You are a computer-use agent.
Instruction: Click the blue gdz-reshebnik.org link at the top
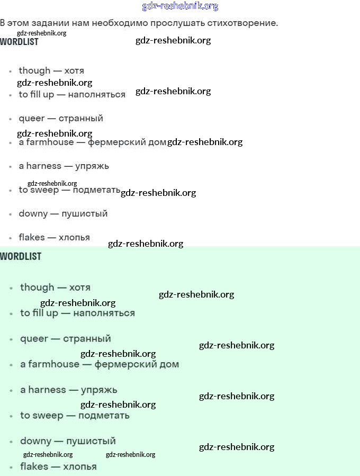pyautogui.click(x=180, y=6)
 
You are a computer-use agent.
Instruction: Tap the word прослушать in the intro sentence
pyautogui.click(x=177, y=23)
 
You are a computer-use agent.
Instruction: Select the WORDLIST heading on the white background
pyautogui.click(x=19, y=42)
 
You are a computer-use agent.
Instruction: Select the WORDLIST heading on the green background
pyautogui.click(x=21, y=256)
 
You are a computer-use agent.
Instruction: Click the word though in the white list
pyautogui.click(x=34, y=70)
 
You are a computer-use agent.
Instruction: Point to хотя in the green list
pyautogui.click(x=79, y=288)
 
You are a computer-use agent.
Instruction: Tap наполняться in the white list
pyautogui.click(x=96, y=95)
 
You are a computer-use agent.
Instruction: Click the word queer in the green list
pyautogui.click(x=34, y=339)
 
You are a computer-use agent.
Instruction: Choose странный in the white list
pyautogui.click(x=81, y=119)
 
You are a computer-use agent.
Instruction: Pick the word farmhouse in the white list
pyautogui.click(x=50, y=142)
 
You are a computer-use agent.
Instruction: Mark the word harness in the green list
pyautogui.click(x=47, y=390)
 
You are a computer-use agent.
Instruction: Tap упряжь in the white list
pyautogui.click(x=92, y=167)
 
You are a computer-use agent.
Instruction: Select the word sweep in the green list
pyautogui.click(x=47, y=416)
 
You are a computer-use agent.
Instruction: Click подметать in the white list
pyautogui.click(x=96, y=190)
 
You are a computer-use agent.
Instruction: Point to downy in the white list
pyautogui.click(x=33, y=214)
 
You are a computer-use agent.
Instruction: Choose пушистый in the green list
pyautogui.click(x=91, y=441)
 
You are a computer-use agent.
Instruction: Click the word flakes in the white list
pyautogui.click(x=32, y=237)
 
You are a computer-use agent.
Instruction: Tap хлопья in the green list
pyautogui.click(x=80, y=467)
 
